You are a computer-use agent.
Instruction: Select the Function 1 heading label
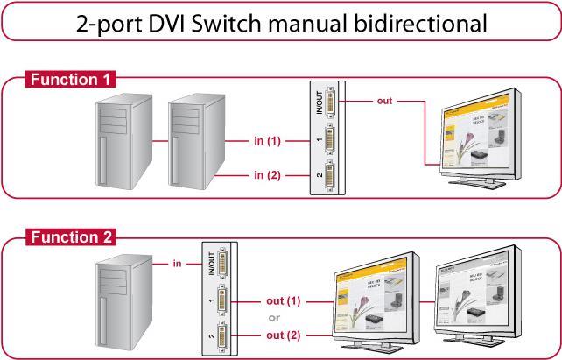(x=66, y=80)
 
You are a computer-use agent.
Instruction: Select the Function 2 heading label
(x=66, y=236)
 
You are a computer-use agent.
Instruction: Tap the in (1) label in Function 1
(x=267, y=140)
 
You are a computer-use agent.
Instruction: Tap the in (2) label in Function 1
(x=267, y=174)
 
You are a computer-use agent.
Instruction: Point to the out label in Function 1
(x=383, y=101)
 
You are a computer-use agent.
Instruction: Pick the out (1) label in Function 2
(x=282, y=300)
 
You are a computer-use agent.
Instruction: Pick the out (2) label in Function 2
(x=282, y=335)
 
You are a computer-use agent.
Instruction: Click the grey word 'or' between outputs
(x=273, y=318)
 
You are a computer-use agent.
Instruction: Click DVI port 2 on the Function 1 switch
(x=331, y=174)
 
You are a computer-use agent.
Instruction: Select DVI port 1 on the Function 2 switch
(x=222, y=301)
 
